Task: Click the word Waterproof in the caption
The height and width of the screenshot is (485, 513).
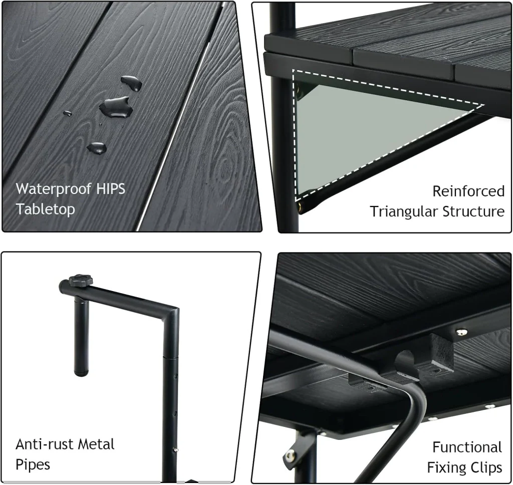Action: tap(54, 189)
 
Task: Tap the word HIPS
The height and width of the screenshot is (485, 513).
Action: tap(111, 189)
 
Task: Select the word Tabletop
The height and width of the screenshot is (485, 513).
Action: tap(45, 209)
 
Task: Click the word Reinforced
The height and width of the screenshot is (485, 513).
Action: tap(468, 191)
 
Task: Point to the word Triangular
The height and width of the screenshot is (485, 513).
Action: tap(404, 212)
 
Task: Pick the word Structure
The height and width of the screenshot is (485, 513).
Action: tap(473, 211)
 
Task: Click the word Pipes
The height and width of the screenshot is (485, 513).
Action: tap(33, 465)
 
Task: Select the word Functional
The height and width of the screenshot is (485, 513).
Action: tap(467, 447)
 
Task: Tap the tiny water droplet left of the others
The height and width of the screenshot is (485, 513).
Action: tap(68, 113)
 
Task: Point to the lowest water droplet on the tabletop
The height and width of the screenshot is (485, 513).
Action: tap(97, 148)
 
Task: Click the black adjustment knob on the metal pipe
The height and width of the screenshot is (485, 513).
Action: tap(81, 281)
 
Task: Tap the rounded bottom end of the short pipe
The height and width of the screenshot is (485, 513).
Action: tap(81, 372)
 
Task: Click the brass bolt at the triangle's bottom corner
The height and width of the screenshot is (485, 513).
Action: tap(300, 206)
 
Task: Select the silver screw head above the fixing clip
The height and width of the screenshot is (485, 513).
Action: tap(461, 333)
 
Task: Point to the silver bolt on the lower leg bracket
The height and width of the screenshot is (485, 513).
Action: tap(290, 455)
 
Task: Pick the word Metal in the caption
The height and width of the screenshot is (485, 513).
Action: tap(97, 444)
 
